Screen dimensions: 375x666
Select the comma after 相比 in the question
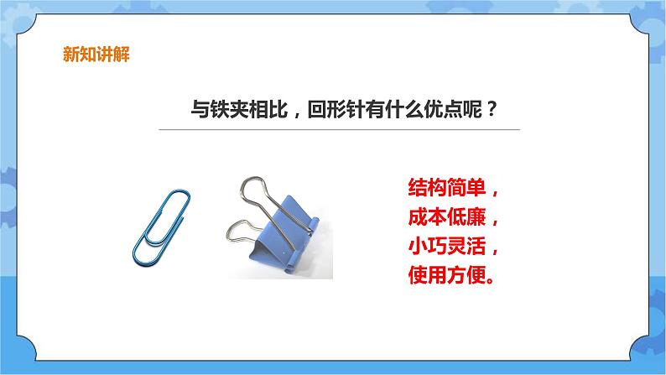tap(293, 114)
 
